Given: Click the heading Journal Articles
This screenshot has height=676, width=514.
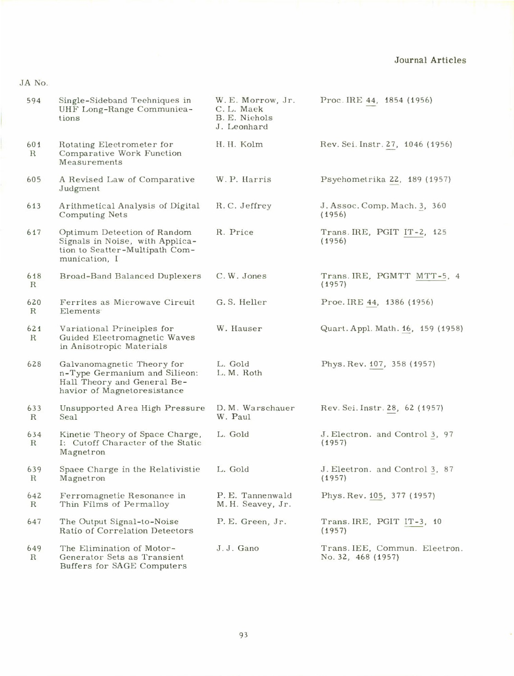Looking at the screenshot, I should click(430, 60).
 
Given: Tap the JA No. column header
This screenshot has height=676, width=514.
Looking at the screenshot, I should click(34, 83).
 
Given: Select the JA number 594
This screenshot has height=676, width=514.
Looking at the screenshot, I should click(33, 100).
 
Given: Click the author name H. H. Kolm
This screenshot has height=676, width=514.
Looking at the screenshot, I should click(239, 144).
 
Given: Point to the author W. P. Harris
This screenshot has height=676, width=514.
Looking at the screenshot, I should click(243, 179).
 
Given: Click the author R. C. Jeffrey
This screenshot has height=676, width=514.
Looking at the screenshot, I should click(243, 206).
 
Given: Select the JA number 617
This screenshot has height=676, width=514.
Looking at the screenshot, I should click(33, 232).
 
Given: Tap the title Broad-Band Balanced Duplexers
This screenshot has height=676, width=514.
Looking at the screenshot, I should click(130, 276).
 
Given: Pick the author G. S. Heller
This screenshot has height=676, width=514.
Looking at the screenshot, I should click(241, 302).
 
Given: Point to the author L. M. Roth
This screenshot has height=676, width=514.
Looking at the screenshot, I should click(239, 373).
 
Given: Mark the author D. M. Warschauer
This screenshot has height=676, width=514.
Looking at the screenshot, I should click(256, 408).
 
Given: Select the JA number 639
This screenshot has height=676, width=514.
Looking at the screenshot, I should click(34, 469).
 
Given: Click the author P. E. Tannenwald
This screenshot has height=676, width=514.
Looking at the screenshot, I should click(254, 496).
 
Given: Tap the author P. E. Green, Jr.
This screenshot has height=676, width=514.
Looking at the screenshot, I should click(251, 522).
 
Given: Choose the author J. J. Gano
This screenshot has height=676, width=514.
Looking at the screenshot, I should click(238, 548).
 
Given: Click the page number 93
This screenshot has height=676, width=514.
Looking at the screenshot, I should click(243, 635).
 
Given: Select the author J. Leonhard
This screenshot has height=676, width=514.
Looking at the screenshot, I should click(242, 126).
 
